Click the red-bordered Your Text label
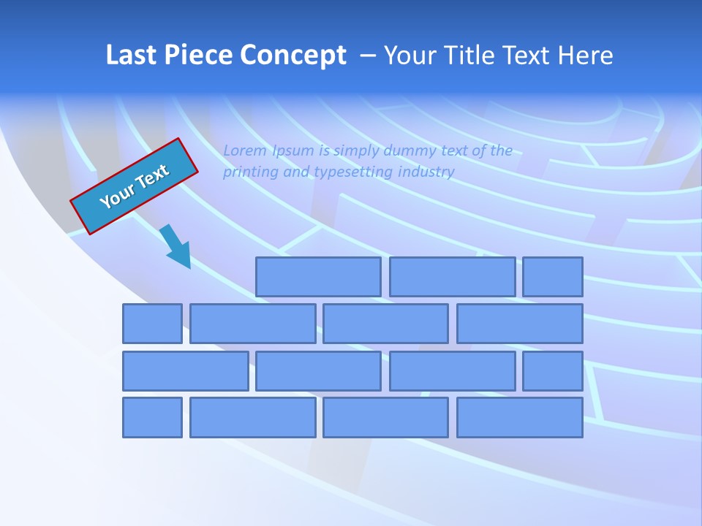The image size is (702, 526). click(x=134, y=186)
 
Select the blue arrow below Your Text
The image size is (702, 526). click(x=175, y=246)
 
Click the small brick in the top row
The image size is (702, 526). click(x=553, y=276)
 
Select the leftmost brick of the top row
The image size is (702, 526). click(x=318, y=276)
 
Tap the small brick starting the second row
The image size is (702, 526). click(x=152, y=324)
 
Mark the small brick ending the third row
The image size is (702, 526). click(x=553, y=371)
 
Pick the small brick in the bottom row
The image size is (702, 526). click(x=152, y=418)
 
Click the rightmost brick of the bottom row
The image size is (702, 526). click(x=520, y=418)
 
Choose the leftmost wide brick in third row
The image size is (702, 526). click(x=186, y=371)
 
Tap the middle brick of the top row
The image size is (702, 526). click(x=452, y=276)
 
